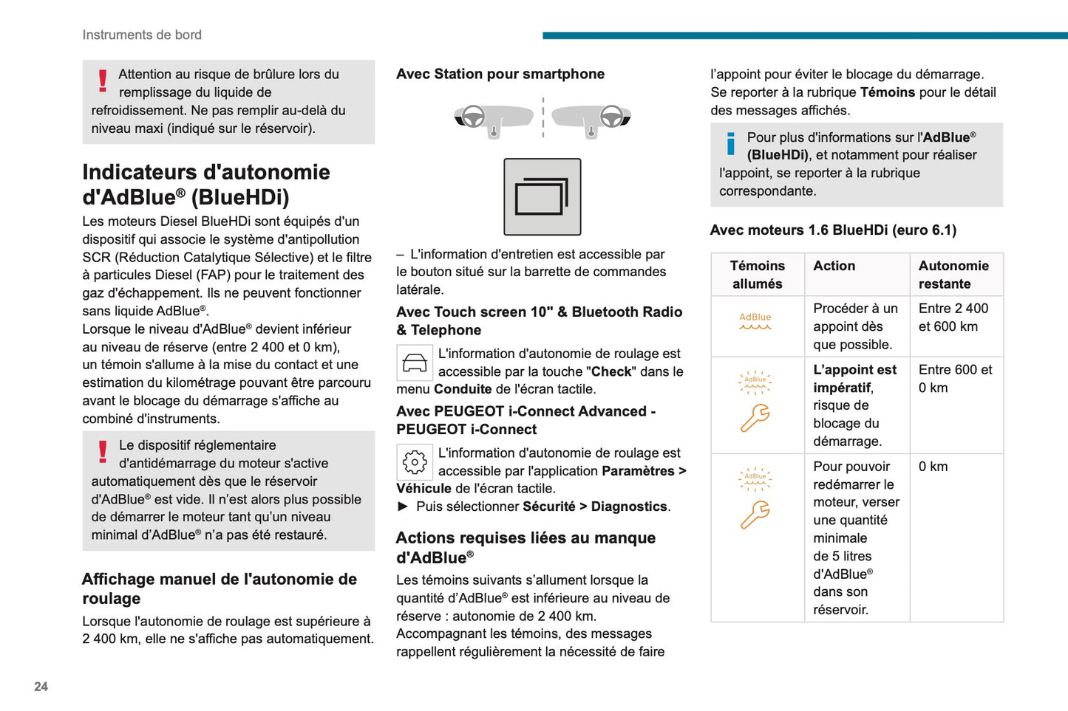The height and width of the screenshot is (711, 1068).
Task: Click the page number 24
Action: tap(41, 687)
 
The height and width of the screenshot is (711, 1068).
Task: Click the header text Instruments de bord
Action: tap(142, 35)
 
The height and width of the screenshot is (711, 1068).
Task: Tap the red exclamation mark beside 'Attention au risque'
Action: tap(103, 80)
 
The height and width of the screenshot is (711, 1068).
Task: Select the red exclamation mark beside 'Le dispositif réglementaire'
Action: tap(103, 451)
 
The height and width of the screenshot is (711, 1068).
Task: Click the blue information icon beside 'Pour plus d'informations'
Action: tap(730, 143)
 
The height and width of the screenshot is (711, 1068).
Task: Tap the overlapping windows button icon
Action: tap(542, 197)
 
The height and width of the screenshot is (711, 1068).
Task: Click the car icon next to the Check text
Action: tap(414, 363)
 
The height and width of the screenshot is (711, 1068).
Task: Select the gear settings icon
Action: tap(414, 462)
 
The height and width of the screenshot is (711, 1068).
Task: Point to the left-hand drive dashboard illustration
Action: tap(493, 119)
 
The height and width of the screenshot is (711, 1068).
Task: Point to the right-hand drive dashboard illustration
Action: tap(591, 119)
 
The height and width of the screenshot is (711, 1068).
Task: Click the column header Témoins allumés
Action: tap(757, 275)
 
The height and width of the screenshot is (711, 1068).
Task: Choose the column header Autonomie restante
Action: tap(953, 275)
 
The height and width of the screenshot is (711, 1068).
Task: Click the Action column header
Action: tap(834, 266)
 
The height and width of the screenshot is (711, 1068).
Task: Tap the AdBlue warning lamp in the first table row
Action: tap(755, 321)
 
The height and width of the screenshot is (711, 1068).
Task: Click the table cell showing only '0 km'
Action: tap(933, 467)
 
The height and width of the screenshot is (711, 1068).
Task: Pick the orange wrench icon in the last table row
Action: tap(755, 515)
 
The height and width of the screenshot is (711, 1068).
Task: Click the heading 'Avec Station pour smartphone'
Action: tap(500, 74)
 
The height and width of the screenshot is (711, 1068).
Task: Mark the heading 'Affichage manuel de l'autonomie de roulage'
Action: tap(220, 588)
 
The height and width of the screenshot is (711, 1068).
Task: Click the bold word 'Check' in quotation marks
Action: tap(610, 372)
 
